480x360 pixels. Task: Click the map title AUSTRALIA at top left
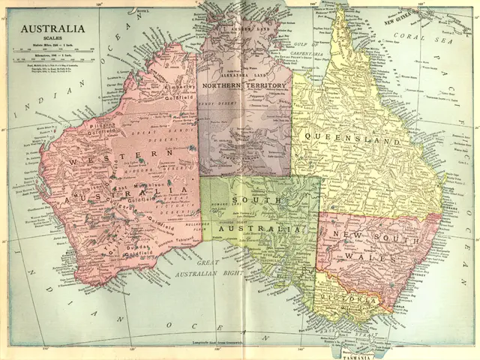pyautogui.click(x=52, y=30)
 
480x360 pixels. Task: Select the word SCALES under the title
pyautogui.click(x=52, y=40)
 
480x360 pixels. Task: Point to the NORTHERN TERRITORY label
pyautogui.click(x=244, y=86)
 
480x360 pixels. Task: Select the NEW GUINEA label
pyautogui.click(x=406, y=21)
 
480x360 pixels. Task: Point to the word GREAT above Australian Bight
pyautogui.click(x=205, y=263)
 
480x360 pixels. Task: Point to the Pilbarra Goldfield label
pyautogui.click(x=106, y=130)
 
